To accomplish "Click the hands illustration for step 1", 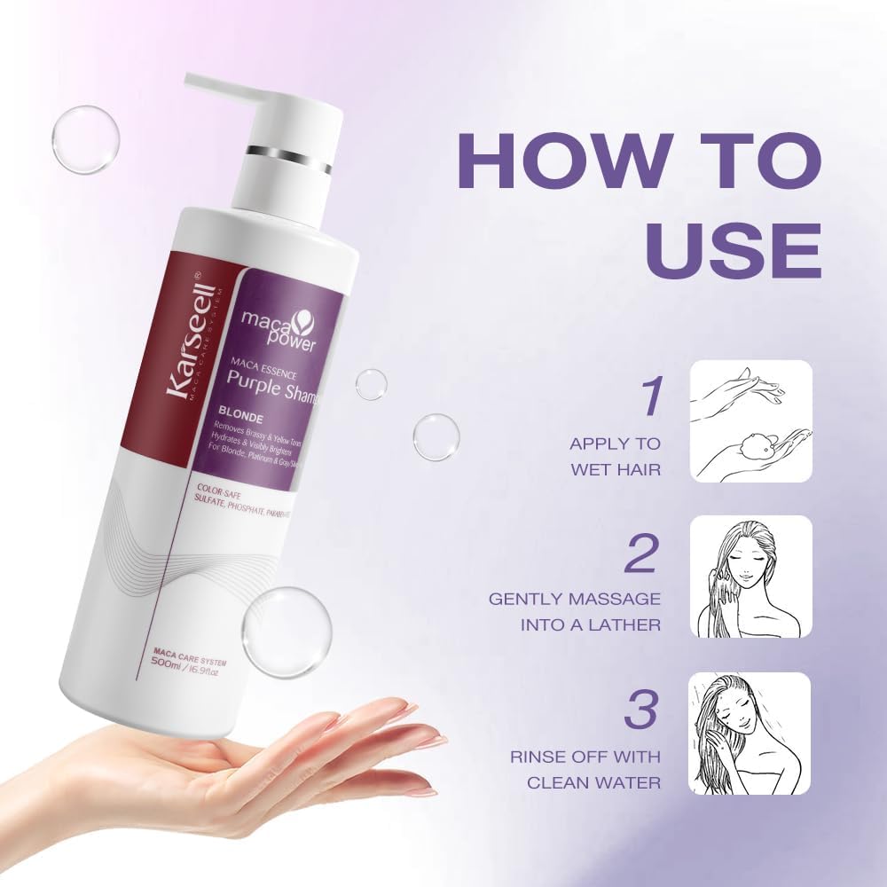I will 750,421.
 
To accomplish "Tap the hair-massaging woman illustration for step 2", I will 750,577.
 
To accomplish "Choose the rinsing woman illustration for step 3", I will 750,733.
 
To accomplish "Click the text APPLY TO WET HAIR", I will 615,456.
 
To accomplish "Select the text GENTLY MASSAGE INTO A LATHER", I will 574,612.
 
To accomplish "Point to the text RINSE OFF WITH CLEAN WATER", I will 585,769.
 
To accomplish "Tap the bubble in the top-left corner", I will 85,139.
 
